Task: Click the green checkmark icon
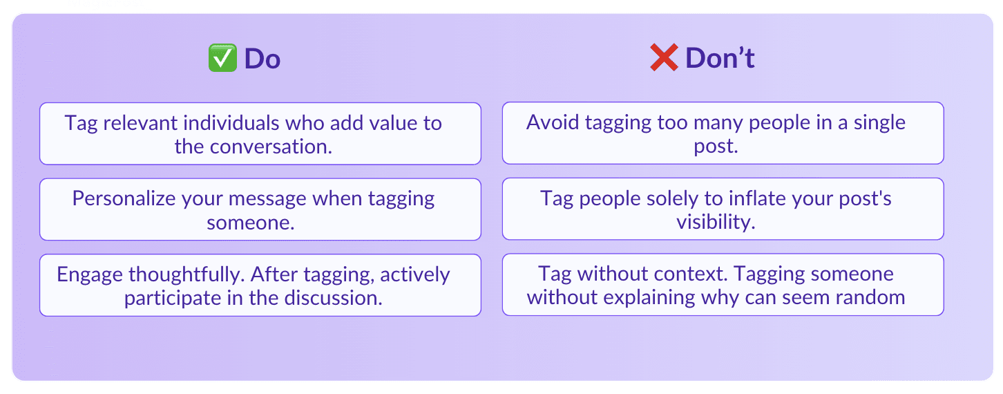coord(222,58)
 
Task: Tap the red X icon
coord(664,57)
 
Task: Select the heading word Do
coord(262,59)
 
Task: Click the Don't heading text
coord(720,58)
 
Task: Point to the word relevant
coord(140,123)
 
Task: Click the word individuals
coord(231,123)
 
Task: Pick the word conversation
coord(271,147)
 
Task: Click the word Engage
coord(90,274)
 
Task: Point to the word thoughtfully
coord(187,274)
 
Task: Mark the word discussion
coord(334,298)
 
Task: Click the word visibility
coord(716,222)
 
